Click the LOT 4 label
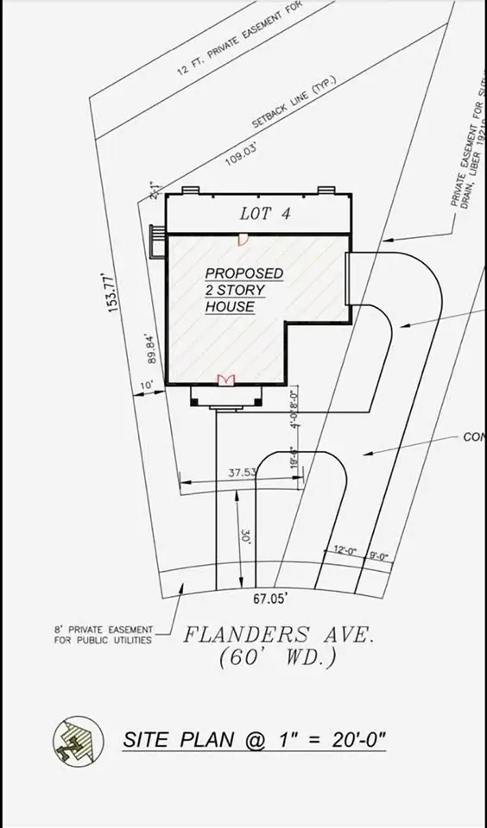pyautogui.click(x=264, y=215)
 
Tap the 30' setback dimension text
pyautogui.click(x=246, y=536)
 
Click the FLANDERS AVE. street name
pyautogui.click(x=278, y=635)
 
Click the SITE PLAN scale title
pyautogui.click(x=254, y=739)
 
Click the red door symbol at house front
pyautogui.click(x=226, y=380)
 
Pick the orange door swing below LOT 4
pyautogui.click(x=244, y=238)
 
